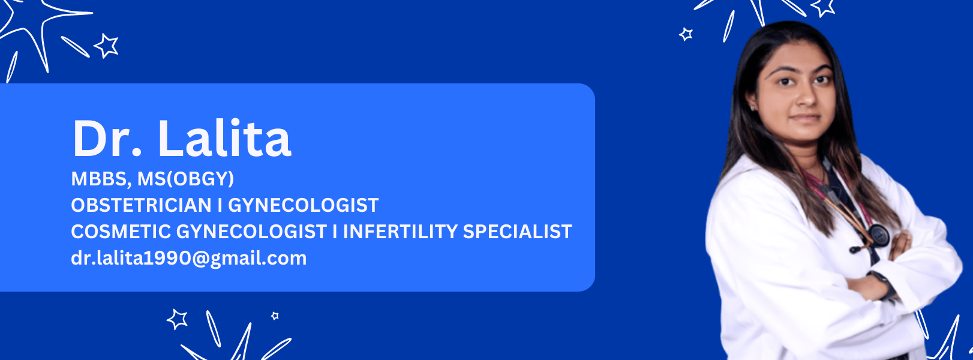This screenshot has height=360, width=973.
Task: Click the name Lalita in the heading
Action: click(224, 138)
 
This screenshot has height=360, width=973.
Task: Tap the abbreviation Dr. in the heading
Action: click(107, 138)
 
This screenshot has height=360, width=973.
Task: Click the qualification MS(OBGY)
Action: click(185, 179)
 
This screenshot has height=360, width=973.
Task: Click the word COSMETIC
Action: click(121, 232)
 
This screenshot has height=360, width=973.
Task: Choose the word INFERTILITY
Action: click(400, 232)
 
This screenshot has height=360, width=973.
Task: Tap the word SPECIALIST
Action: click(517, 232)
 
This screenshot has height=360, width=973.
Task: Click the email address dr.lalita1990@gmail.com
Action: click(188, 259)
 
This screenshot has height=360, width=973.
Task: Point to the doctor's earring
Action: click(752, 107)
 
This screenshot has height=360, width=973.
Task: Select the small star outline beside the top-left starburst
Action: click(106, 46)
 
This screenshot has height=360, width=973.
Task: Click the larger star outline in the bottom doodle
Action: click(177, 319)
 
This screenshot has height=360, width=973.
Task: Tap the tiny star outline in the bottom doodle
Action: click(275, 316)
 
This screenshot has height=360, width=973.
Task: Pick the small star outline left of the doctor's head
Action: click(686, 34)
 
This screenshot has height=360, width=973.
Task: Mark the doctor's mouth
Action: click(805, 118)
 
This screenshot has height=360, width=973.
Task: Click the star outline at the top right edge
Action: click(823, 7)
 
